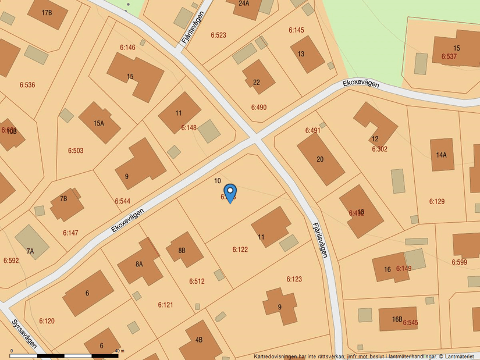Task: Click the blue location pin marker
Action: tap(230, 192)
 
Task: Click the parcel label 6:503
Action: tap(76, 151)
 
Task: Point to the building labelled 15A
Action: tap(98, 123)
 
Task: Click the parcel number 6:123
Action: tap(294, 279)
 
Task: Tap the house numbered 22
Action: tap(257, 82)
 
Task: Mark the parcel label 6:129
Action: tap(437, 201)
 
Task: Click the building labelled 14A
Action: tap(442, 155)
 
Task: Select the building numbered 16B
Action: tap(397, 319)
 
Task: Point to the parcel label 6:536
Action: tap(27, 85)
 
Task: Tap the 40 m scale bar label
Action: tap(120, 351)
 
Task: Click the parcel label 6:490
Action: tap(259, 107)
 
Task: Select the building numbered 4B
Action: tap(199, 340)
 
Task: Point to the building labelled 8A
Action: tap(139, 264)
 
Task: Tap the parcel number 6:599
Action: tap(459, 262)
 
